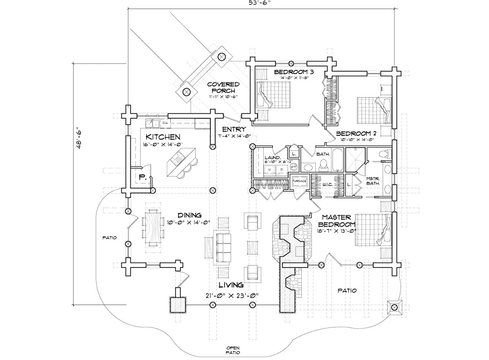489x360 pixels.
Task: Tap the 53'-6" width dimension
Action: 261,3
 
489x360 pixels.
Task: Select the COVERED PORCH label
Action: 222,87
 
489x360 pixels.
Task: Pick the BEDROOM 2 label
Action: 355,133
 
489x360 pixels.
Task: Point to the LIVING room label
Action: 231,285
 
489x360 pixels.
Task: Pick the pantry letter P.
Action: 142,177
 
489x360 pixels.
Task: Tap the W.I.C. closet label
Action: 328,184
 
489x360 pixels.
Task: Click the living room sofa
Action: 222,247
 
